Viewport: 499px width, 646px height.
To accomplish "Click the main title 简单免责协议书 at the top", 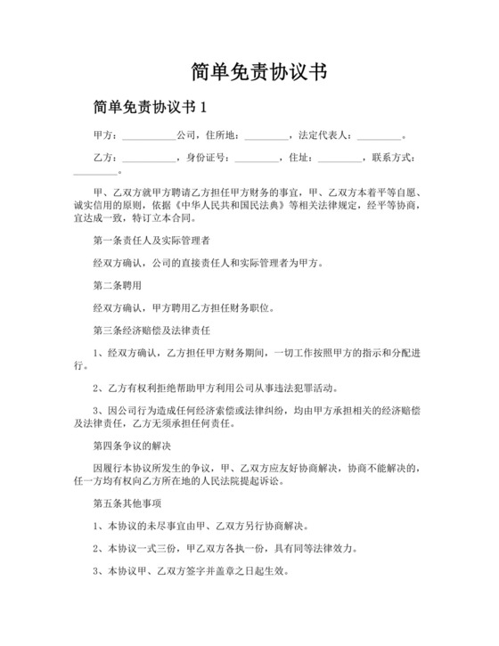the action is pyautogui.click(x=250, y=71).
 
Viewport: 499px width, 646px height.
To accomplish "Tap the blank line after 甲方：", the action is pyautogui.click(x=148, y=137).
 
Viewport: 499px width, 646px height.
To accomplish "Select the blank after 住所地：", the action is pyautogui.click(x=266, y=137).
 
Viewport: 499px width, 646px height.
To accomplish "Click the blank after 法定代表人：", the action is pyautogui.click(x=379, y=137).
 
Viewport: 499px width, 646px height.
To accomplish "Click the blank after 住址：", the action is pyautogui.click(x=339, y=159).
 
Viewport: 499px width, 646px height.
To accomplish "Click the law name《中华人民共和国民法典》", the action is pyautogui.click(x=224, y=204).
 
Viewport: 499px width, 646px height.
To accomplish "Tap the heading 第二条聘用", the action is pyautogui.click(x=117, y=286).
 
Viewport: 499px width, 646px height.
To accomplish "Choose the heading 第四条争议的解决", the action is pyautogui.click(x=134, y=444).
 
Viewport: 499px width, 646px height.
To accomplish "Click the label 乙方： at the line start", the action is pyautogui.click(x=105, y=159).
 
